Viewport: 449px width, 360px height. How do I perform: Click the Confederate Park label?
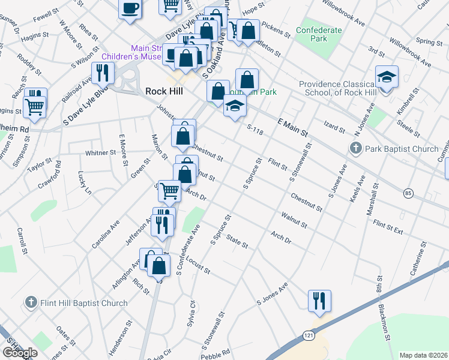[x=319, y=34]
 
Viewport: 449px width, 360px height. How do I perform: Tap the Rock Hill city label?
[x=164, y=91]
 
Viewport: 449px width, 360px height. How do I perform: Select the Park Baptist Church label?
[x=402, y=148]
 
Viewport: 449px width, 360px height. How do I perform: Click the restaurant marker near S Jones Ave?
[x=318, y=300]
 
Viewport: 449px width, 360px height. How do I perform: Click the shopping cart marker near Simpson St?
[x=35, y=107]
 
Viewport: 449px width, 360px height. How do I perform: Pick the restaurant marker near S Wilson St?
[x=103, y=73]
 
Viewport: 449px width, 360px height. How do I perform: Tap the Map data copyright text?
[x=424, y=355]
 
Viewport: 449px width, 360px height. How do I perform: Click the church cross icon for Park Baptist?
[x=355, y=148]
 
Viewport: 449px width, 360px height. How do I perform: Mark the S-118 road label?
[x=255, y=127]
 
